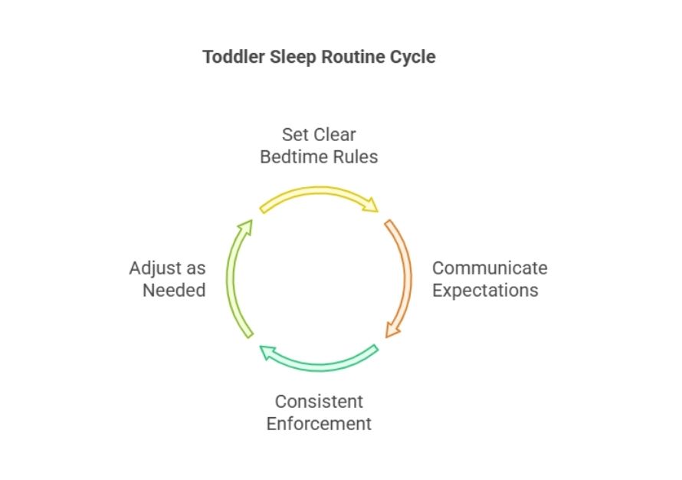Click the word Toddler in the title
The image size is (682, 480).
tap(234, 57)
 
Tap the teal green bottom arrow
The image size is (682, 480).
tap(319, 367)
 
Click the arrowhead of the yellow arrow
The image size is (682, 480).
tap(371, 205)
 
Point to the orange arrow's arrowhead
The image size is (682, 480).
tap(392, 330)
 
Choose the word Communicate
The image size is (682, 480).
tap(490, 268)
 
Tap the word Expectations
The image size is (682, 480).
tap(485, 291)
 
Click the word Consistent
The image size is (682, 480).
tap(319, 402)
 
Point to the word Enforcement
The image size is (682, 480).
tap(319, 424)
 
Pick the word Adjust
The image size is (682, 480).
tap(157, 269)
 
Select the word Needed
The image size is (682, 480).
tap(174, 291)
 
